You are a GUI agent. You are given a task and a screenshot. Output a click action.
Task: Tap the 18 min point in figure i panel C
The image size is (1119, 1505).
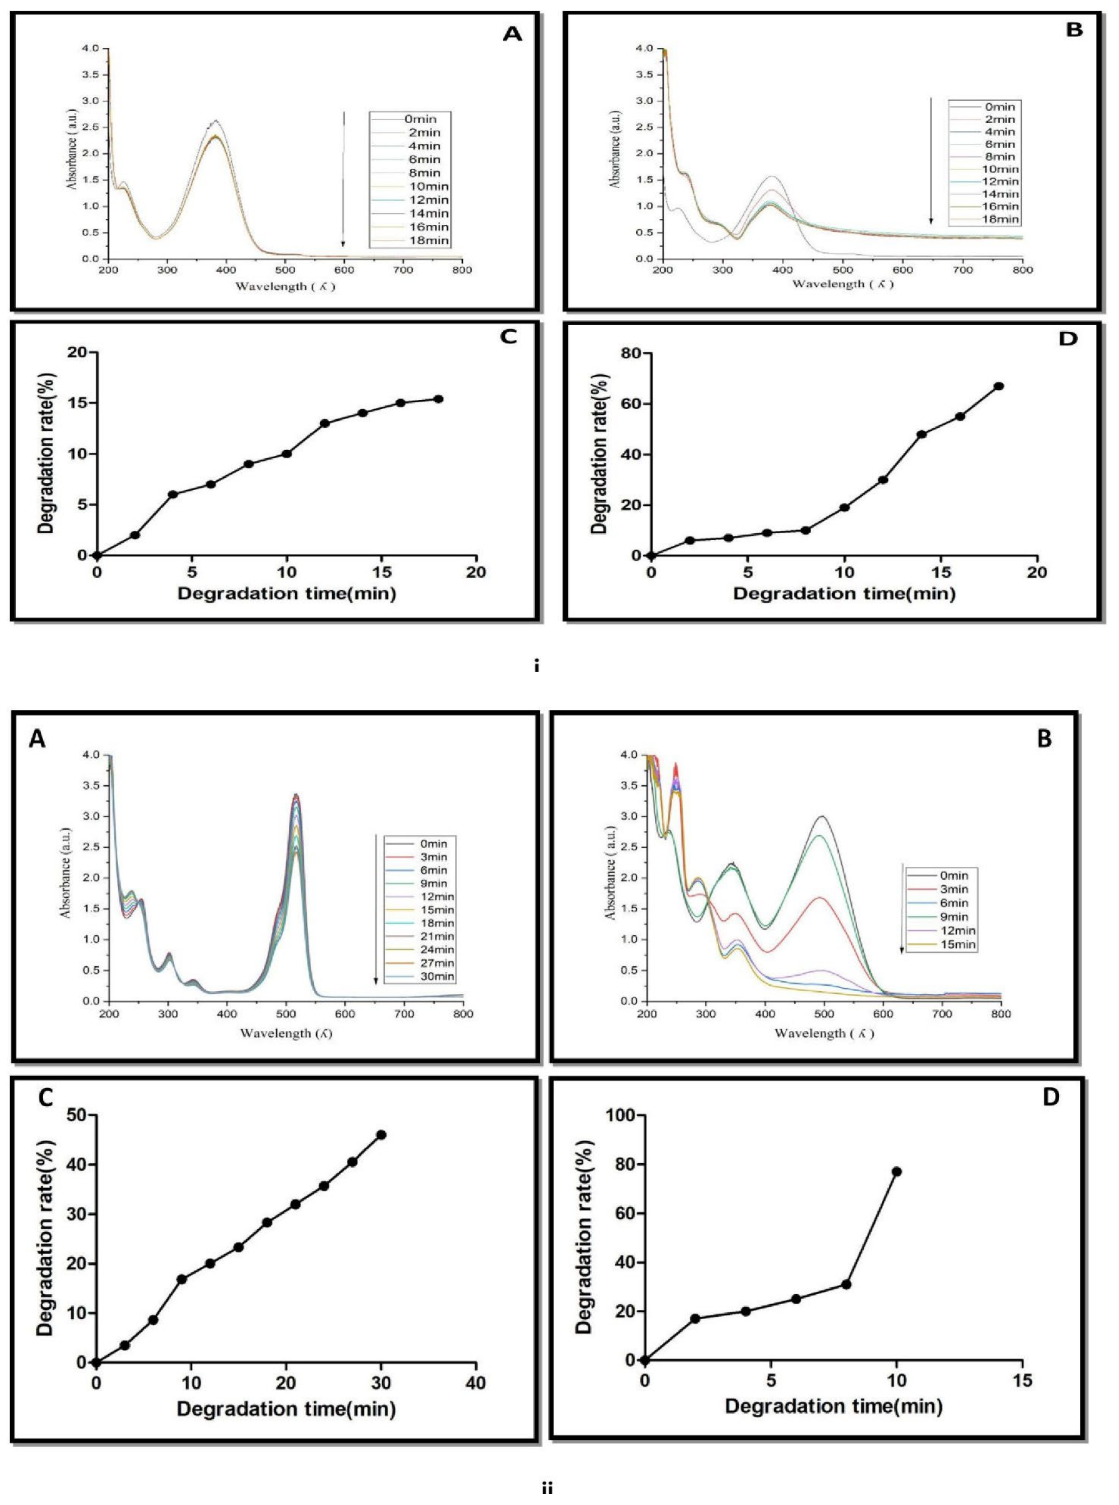(438, 399)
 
